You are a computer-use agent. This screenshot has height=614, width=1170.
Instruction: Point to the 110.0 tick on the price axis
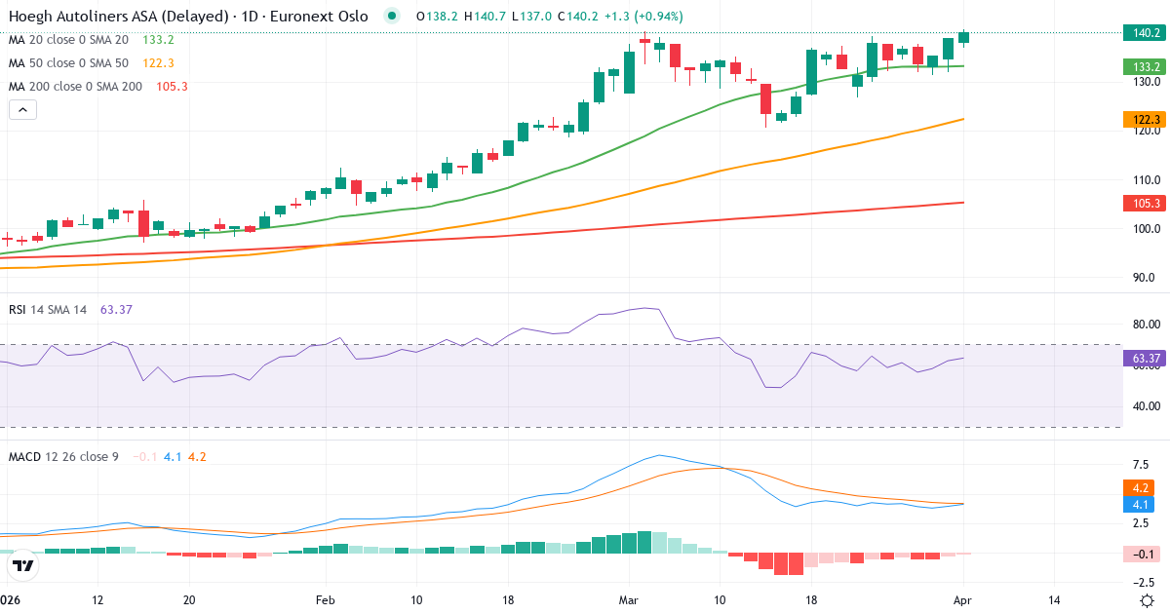[1140, 180]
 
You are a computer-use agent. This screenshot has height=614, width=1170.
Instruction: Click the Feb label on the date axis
[326, 599]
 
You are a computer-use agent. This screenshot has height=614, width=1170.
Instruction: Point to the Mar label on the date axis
[627, 599]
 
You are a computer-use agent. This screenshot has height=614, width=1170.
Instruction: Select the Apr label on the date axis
[962, 599]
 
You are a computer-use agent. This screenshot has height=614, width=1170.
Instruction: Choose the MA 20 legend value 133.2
[158, 40]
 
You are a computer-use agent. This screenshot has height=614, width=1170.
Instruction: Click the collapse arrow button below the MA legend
[22, 110]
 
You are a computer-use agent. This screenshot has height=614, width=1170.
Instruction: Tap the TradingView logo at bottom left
[22, 564]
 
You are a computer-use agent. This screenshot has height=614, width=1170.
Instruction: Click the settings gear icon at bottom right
[1148, 599]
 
